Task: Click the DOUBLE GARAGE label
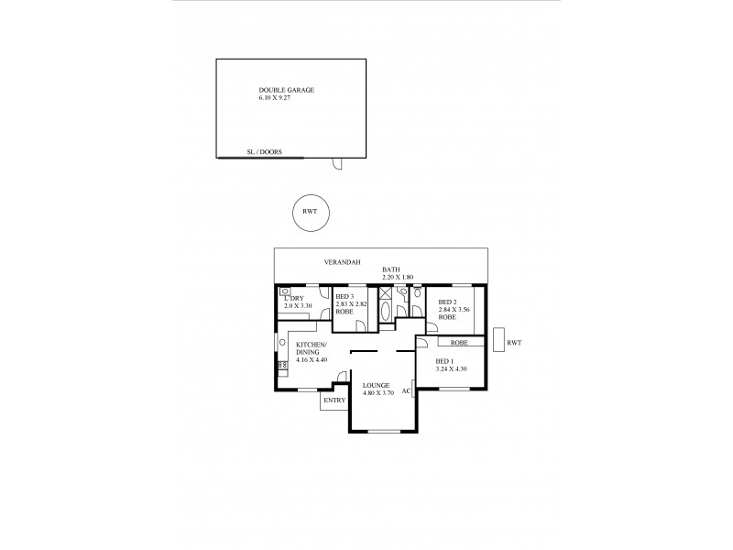click(x=287, y=90)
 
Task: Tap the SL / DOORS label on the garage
click(x=264, y=153)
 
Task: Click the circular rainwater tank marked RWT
click(x=310, y=213)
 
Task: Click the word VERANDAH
click(x=339, y=263)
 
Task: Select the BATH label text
click(x=391, y=269)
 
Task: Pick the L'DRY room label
click(x=293, y=298)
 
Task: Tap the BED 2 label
click(x=447, y=302)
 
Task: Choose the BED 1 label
click(x=444, y=361)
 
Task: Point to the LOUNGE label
click(x=377, y=385)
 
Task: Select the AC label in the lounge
click(x=406, y=390)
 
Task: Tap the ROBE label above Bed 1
click(x=459, y=342)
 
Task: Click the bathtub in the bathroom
click(x=385, y=312)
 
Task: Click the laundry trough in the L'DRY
click(x=286, y=291)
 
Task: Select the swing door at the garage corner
click(x=336, y=164)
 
